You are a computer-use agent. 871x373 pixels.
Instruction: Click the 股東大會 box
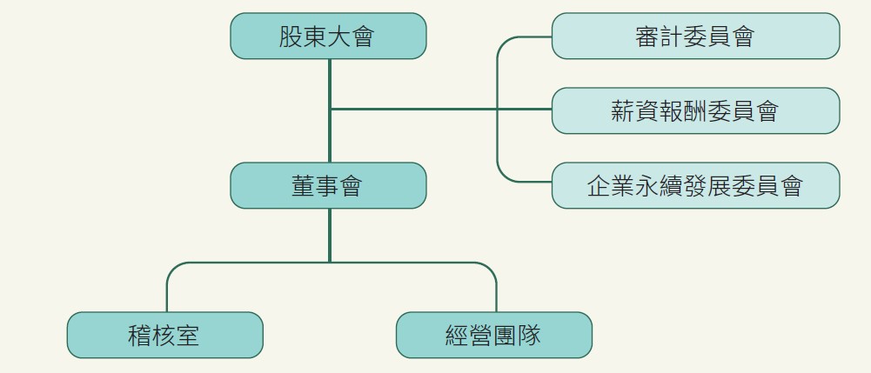click(328, 36)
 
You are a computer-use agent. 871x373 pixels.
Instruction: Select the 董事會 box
click(328, 185)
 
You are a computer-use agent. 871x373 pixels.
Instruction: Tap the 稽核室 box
click(164, 335)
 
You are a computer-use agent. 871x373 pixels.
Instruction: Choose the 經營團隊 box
click(493, 335)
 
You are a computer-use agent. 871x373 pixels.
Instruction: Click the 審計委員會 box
click(695, 36)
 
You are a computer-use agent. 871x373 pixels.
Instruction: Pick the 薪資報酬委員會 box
click(695, 110)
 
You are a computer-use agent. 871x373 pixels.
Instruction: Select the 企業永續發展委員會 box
click(695, 185)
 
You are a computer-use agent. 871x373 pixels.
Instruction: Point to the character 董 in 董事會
click(304, 186)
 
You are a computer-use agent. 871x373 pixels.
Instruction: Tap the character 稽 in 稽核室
click(140, 336)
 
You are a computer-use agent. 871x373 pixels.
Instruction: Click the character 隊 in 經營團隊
click(529, 336)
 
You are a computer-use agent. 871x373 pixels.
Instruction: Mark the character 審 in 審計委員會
click(647, 37)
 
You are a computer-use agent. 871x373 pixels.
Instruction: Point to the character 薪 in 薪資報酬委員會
click(624, 111)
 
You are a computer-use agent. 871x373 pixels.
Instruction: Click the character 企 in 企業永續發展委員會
click(600, 186)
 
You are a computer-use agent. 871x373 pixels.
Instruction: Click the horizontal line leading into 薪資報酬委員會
click(435, 110)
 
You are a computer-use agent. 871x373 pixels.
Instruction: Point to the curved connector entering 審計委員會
click(503, 43)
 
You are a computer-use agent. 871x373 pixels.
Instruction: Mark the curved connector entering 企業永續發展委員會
click(503, 176)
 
